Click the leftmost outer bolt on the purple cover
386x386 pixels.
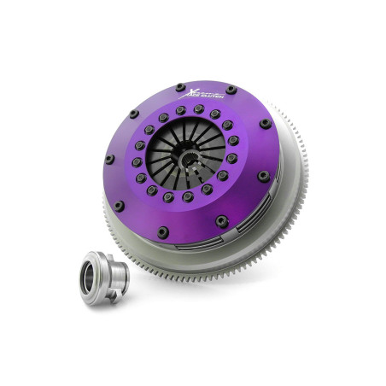109,159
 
